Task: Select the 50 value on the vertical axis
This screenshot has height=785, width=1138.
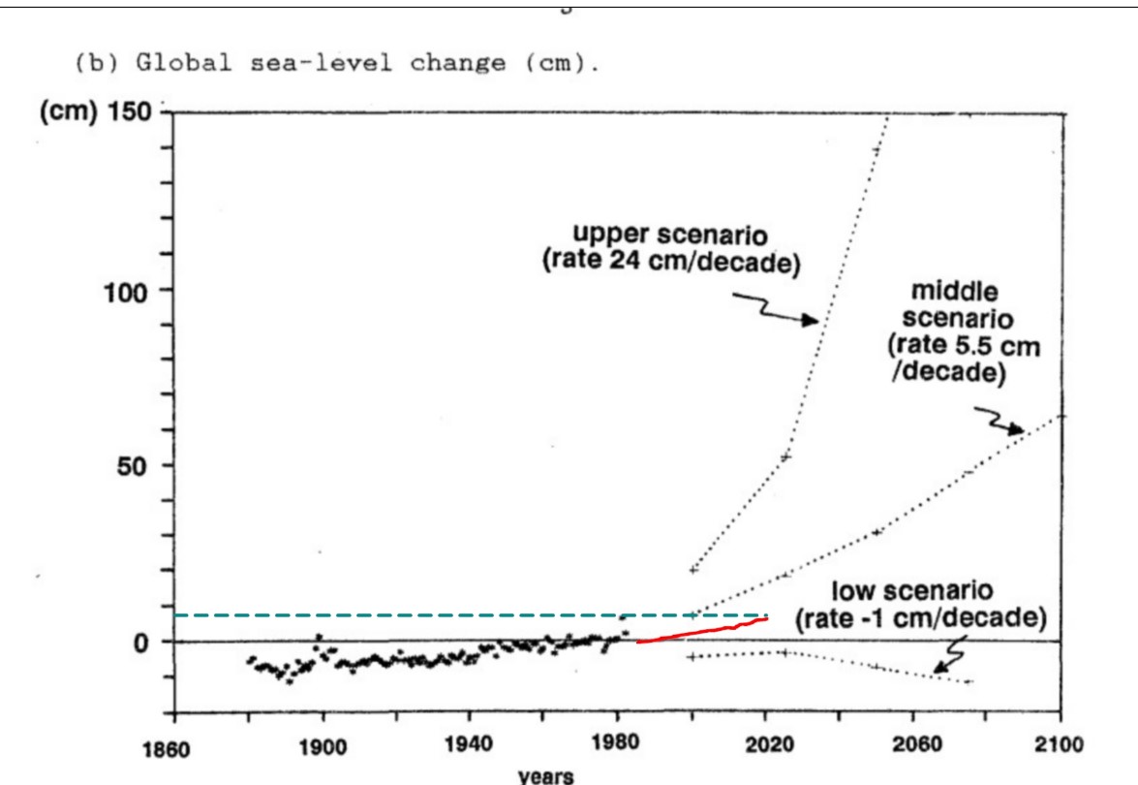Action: (129, 466)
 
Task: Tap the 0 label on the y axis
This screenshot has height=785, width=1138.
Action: (138, 642)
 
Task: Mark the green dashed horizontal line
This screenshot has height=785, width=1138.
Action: (387, 615)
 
